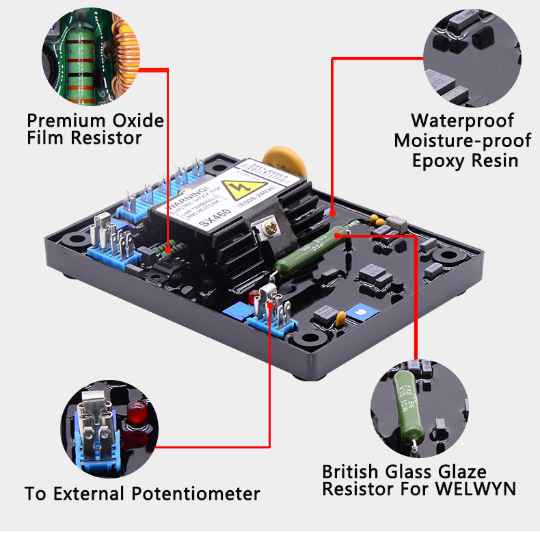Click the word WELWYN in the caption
[x=478, y=489]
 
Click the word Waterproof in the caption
[x=462, y=120]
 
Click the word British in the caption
[x=351, y=472]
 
